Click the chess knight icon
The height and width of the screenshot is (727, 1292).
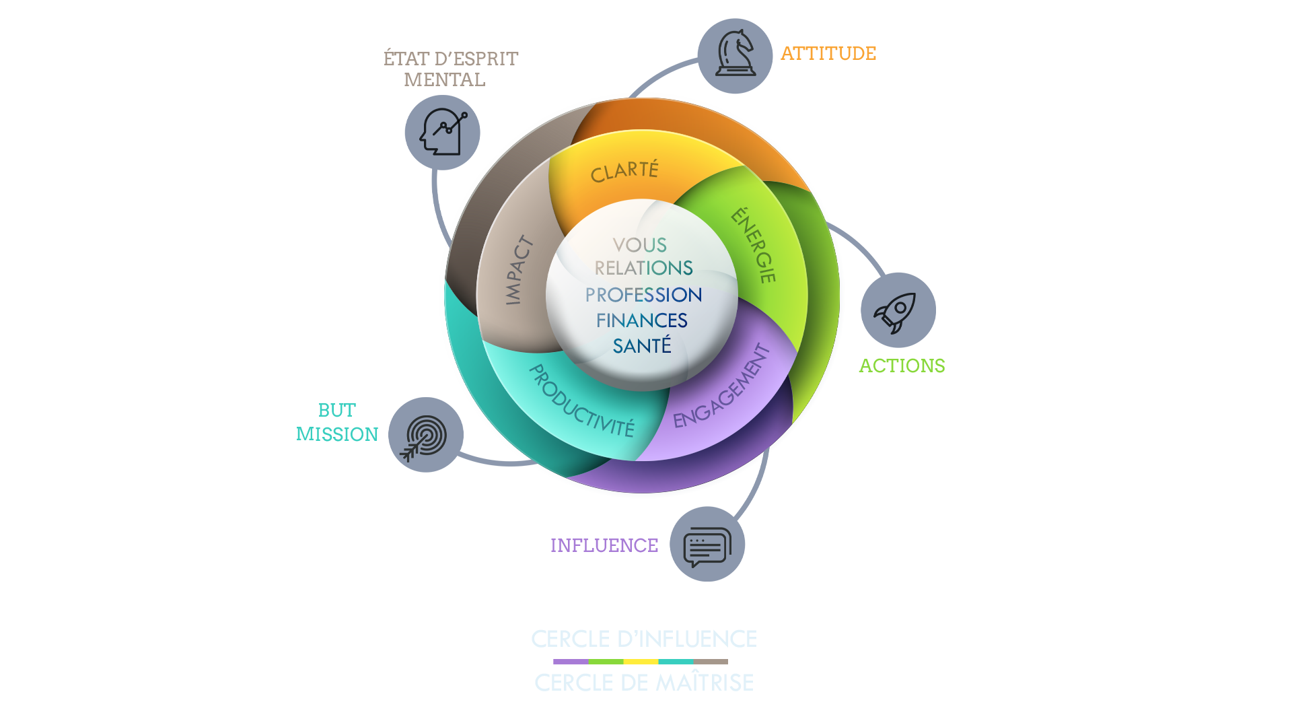[x=735, y=55]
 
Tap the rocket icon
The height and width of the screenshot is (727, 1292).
[x=898, y=310]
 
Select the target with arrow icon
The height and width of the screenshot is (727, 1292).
[x=425, y=436]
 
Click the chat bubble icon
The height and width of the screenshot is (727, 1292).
[x=707, y=545]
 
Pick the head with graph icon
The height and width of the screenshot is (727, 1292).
[x=442, y=132]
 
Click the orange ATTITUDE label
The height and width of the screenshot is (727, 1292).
[x=828, y=54]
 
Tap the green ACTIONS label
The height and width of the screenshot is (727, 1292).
[x=902, y=366]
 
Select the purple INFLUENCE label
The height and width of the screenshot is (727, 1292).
[x=604, y=545]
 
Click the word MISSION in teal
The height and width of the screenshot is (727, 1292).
[x=337, y=434]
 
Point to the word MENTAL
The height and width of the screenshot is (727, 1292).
[x=444, y=79]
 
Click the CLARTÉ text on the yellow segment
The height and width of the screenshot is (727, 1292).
[x=624, y=171]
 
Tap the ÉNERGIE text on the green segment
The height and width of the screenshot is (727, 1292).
[x=754, y=245]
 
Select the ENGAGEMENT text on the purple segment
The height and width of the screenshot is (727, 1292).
[x=721, y=386]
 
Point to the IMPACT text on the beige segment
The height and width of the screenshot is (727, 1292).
[x=518, y=270]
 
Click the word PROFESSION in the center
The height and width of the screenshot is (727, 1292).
[x=643, y=295]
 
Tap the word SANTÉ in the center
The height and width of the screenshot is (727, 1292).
[x=642, y=346]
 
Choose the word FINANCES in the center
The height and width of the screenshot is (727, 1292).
[x=642, y=320]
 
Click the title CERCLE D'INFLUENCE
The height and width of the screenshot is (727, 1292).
[x=644, y=639]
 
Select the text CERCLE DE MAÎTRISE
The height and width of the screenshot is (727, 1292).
[x=644, y=683]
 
